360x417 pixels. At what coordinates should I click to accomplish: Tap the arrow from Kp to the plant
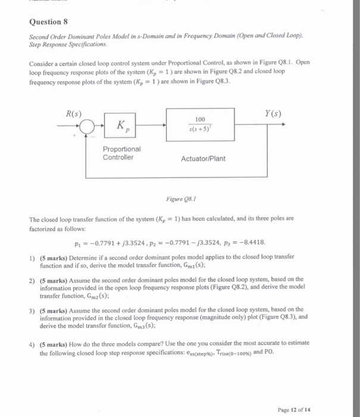tap(152, 126)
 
